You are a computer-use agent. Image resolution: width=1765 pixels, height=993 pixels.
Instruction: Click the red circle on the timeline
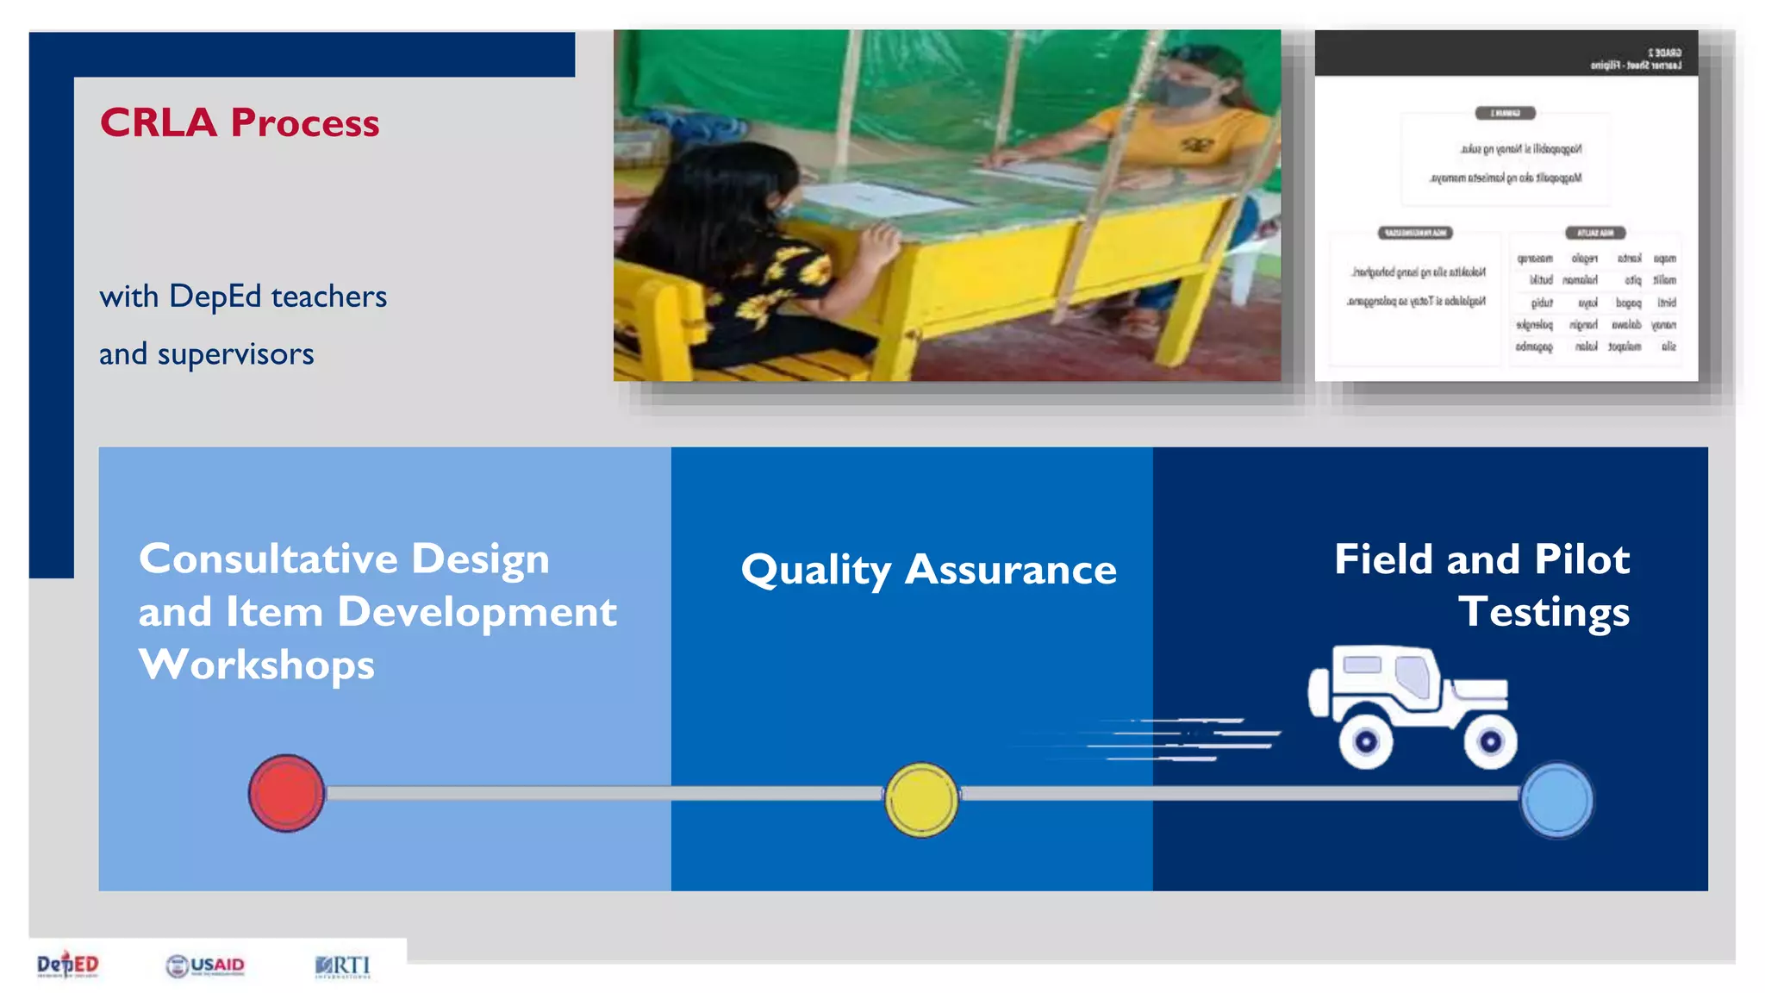point(286,793)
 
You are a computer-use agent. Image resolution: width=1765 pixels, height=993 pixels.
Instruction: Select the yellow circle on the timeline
point(921,800)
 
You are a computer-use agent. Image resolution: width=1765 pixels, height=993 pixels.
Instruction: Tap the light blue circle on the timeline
point(1556,800)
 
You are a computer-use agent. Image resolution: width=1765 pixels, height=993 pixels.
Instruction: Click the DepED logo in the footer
point(68,965)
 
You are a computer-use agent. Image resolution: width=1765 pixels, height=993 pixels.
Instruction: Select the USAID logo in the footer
point(205,965)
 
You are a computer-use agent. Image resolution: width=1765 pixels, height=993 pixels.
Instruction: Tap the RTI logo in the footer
point(343,966)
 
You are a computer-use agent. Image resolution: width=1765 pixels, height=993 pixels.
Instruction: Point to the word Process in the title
point(305,123)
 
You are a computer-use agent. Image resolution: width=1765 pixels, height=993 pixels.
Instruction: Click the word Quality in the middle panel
point(816,571)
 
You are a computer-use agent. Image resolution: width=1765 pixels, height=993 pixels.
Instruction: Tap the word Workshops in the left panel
point(257,665)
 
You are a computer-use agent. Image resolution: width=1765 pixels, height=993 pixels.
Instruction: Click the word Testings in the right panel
point(1544,613)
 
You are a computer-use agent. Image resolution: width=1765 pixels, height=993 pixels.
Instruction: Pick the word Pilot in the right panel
point(1582,559)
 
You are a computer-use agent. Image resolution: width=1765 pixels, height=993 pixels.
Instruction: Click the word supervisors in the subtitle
point(235,354)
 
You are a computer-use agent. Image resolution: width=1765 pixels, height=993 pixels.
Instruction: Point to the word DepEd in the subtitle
point(215,297)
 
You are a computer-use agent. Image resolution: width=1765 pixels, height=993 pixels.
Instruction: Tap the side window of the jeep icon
point(1413,675)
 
